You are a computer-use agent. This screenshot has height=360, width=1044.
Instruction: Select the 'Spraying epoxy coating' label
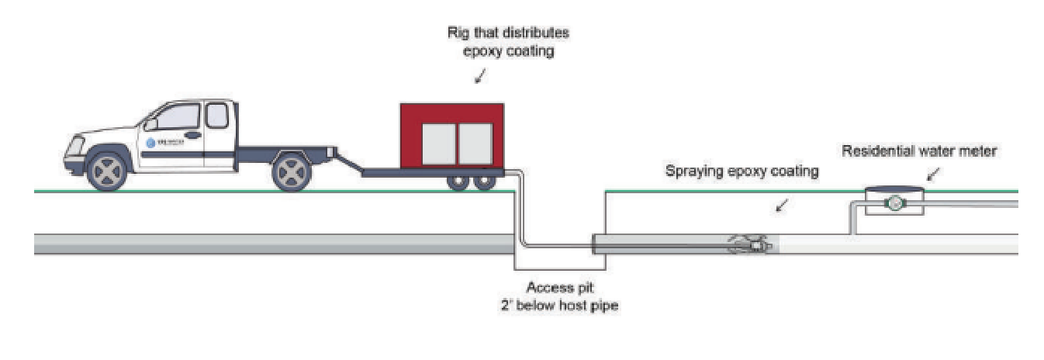click(x=742, y=171)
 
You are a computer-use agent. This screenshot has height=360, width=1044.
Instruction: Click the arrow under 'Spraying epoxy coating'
click(x=782, y=205)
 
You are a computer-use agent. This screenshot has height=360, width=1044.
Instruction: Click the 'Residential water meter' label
click(x=919, y=151)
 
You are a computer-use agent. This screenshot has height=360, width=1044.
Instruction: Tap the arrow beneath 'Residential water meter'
click(x=932, y=175)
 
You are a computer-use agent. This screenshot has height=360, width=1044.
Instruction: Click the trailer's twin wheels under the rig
click(x=473, y=183)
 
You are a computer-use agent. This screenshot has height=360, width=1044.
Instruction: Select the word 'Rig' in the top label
click(x=458, y=34)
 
